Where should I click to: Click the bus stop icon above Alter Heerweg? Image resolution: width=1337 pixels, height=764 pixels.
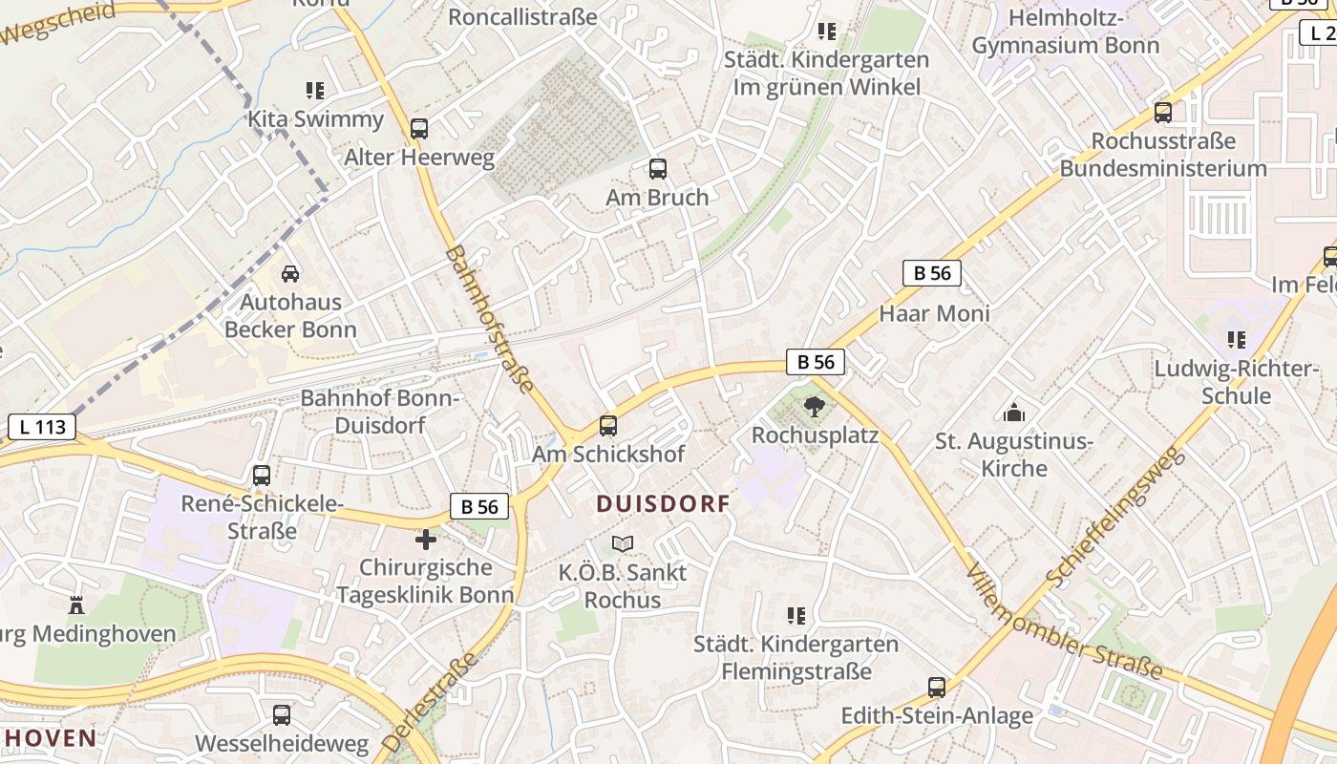coord(418,129)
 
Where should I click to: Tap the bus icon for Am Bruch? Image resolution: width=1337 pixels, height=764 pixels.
coord(657,169)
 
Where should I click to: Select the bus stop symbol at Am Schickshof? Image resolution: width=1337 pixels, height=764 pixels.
coord(608,426)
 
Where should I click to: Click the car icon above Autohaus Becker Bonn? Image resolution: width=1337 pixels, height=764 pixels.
coord(290,274)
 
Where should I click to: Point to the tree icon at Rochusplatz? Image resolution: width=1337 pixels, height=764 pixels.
coord(814,408)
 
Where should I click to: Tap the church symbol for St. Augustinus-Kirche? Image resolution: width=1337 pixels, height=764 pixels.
coord(1013,413)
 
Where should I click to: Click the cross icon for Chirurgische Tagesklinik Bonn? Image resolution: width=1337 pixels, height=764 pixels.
coord(426,540)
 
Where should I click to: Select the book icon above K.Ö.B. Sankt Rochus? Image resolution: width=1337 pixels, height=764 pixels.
coord(623,543)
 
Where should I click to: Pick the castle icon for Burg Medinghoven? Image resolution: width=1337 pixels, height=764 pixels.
coord(76,605)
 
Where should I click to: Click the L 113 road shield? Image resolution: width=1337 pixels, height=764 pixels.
coord(42,426)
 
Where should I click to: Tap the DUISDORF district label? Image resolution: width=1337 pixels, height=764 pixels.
coord(663,503)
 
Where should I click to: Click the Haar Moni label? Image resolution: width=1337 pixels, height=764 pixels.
coord(934,313)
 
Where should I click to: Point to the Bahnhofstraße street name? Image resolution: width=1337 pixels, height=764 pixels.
coord(490,319)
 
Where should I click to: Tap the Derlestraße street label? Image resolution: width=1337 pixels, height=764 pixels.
coord(430,702)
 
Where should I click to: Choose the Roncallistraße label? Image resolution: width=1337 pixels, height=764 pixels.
coord(522,16)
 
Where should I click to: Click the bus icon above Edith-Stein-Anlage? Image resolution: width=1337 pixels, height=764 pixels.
coord(937,688)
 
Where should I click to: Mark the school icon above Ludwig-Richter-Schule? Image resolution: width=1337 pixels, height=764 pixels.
coord(1237,340)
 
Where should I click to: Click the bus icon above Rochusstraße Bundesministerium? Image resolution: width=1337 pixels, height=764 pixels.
coord(1162,112)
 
